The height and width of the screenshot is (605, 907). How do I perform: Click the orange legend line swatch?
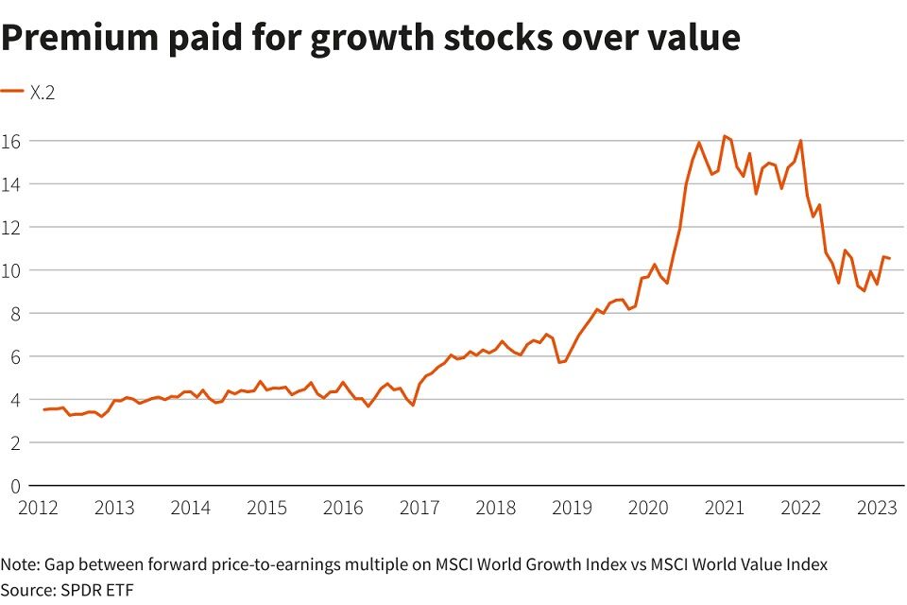click(x=12, y=91)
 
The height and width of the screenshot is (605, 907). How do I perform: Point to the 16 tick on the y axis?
click(x=10, y=141)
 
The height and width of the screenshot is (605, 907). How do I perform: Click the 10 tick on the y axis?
click(x=10, y=270)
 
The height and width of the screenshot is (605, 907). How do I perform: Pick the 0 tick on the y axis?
click(x=15, y=486)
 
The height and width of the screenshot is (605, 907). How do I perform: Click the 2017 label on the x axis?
click(x=419, y=508)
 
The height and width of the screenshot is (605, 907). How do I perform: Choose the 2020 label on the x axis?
click(x=648, y=508)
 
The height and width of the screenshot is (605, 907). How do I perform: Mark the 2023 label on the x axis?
click(x=877, y=508)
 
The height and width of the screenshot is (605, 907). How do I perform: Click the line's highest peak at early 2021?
click(x=725, y=136)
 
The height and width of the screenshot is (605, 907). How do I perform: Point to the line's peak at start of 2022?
click(x=801, y=141)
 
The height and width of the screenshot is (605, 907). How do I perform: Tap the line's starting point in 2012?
click(x=43, y=409)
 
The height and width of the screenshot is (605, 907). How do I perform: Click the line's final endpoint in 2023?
click(x=889, y=259)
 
